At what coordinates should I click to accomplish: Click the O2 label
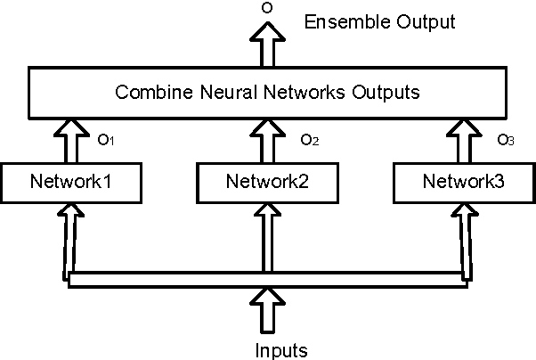click(x=309, y=140)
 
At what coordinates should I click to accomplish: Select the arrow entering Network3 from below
click(x=463, y=236)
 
